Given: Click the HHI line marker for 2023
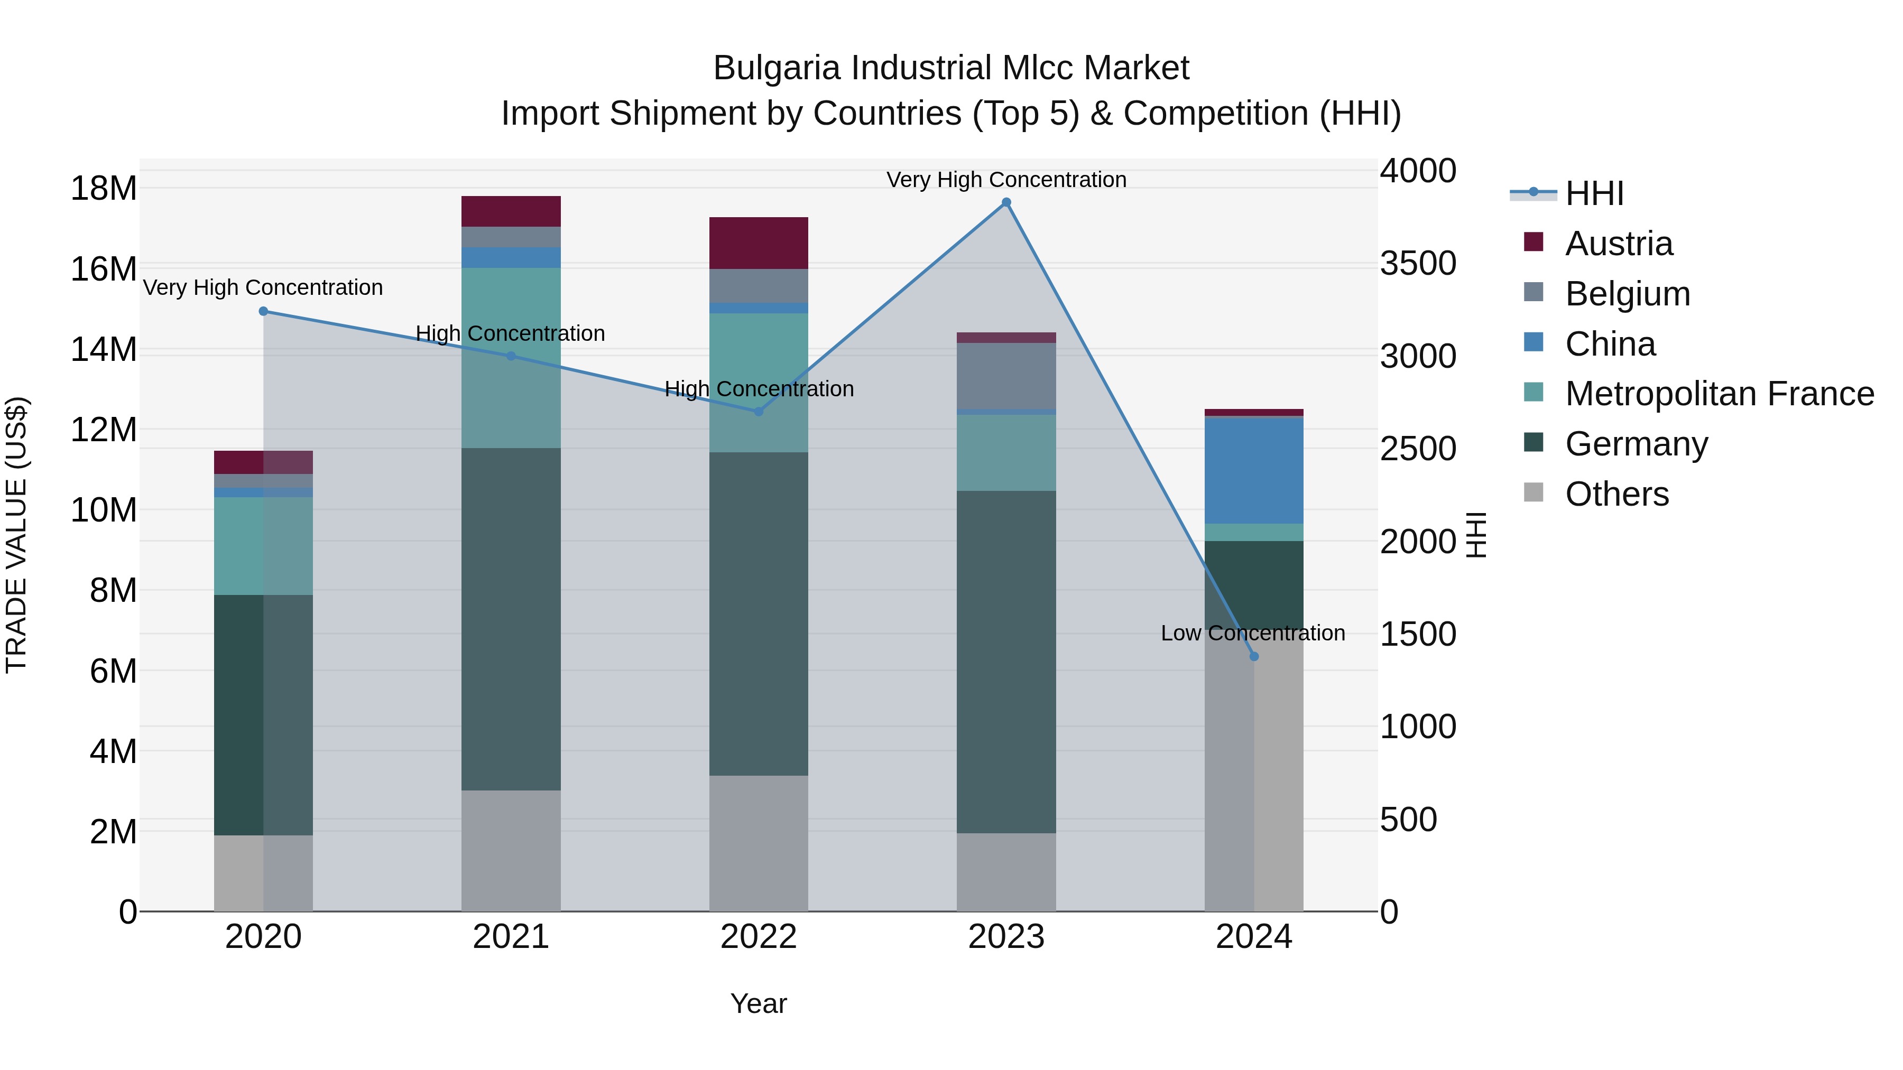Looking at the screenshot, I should click(x=1006, y=202).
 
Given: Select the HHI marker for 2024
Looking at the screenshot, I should click(x=1254, y=656).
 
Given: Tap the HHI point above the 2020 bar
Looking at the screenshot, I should click(x=263, y=312).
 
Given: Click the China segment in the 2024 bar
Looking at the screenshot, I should click(x=1254, y=470).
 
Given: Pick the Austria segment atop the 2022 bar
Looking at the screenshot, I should click(x=758, y=243).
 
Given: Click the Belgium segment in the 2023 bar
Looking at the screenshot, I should click(x=1006, y=376).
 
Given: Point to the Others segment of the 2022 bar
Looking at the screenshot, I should click(x=758, y=843).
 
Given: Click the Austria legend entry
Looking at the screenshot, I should click(x=1618, y=244).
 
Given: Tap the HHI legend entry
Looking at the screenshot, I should click(x=1593, y=193).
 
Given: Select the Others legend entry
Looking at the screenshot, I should click(x=1615, y=494).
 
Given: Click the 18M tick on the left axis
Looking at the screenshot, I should click(x=104, y=188).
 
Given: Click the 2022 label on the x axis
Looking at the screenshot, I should click(x=758, y=937).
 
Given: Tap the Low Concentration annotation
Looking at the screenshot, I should click(x=1252, y=633).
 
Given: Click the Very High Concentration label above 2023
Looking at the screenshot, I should click(x=1006, y=180).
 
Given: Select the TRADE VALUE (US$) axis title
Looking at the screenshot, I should click(x=16, y=535).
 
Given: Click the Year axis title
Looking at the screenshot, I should click(x=758, y=1003).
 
